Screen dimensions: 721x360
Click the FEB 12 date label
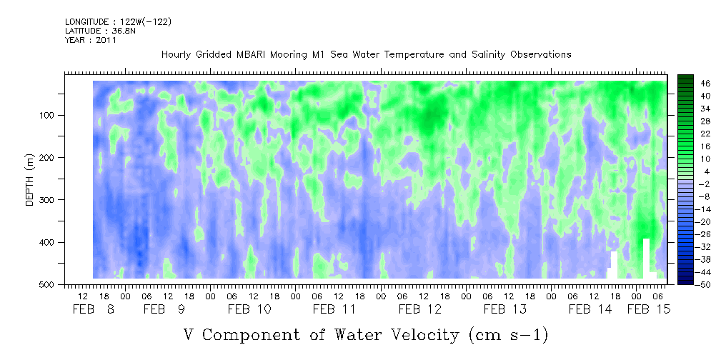420,309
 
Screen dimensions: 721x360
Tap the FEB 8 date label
94,309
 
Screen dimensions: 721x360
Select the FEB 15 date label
649,309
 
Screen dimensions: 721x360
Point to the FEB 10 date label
249,309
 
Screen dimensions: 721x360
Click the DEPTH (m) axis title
30,179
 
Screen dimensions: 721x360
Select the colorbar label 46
692,84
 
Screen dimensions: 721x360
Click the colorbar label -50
692,284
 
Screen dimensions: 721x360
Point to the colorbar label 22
692,136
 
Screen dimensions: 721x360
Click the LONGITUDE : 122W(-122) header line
118,21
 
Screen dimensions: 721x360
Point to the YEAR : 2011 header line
91,40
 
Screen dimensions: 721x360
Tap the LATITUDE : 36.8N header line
101,31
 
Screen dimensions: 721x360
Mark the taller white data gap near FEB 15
646,259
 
